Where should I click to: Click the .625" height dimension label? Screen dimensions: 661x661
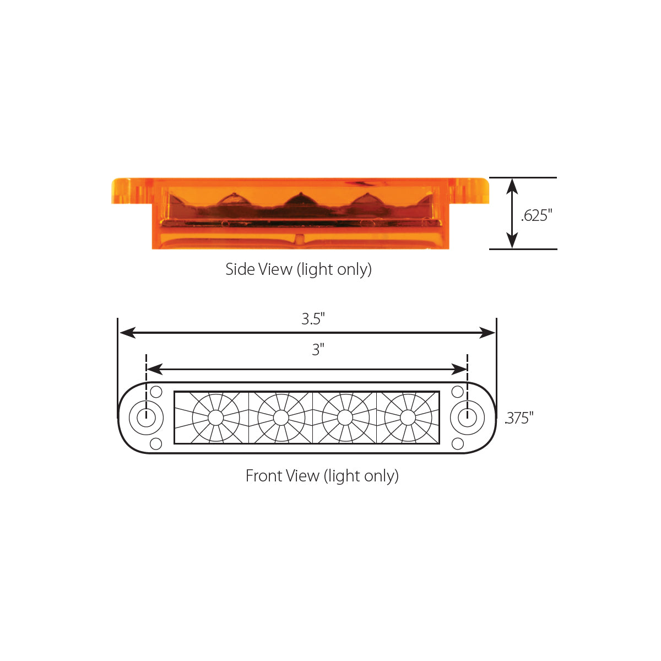[536, 215]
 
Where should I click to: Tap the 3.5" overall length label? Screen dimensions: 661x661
[313, 319]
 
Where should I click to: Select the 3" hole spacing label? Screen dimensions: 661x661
[318, 350]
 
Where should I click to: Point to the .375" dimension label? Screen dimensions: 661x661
[519, 418]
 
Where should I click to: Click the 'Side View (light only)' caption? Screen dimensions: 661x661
[299, 269]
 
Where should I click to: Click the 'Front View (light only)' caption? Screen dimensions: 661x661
[322, 476]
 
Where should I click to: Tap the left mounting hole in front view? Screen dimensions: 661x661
[146, 418]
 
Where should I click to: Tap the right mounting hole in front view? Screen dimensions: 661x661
[467, 418]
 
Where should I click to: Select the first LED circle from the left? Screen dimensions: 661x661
[216, 418]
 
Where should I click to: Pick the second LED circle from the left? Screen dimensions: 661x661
[281, 418]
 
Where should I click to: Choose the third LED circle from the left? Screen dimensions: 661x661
[345, 418]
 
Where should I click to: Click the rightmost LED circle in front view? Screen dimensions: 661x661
[408, 418]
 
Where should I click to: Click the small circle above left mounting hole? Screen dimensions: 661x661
[156, 392]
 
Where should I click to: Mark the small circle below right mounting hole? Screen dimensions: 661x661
[457, 443]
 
